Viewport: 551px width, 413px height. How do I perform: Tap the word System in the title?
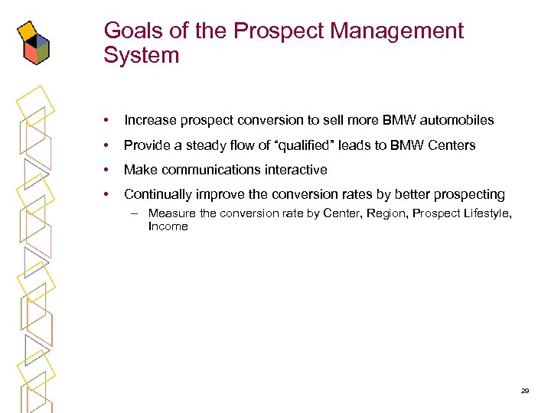142,56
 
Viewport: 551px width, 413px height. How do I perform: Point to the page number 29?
525,391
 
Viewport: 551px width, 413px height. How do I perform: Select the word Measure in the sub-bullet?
172,213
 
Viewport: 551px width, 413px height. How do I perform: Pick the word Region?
386,213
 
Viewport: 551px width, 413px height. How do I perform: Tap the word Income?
168,226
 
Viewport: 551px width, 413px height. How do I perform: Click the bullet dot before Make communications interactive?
107,170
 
